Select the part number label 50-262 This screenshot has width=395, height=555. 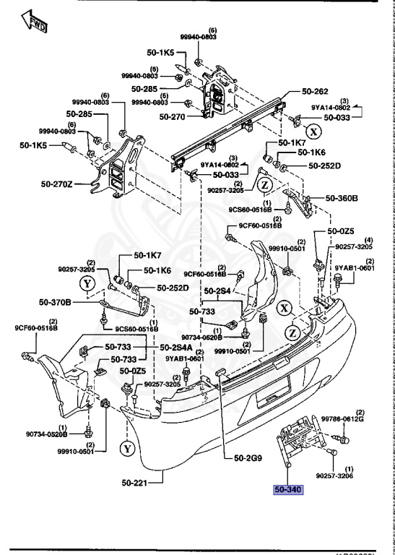(x=295, y=92)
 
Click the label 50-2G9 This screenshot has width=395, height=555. (x=249, y=457)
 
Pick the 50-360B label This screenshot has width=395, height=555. (x=342, y=197)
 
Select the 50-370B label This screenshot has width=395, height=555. (x=56, y=301)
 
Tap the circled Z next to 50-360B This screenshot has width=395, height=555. (x=264, y=185)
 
